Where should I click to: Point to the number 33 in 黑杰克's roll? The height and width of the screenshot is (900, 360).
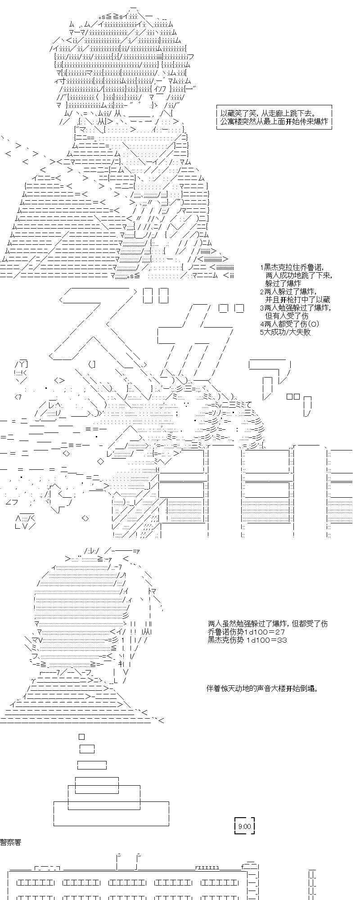[282, 640]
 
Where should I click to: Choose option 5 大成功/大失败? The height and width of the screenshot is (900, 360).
[285, 332]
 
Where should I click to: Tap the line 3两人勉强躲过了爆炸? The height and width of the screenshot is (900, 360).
[295, 308]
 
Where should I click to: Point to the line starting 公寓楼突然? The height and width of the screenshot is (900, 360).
[274, 122]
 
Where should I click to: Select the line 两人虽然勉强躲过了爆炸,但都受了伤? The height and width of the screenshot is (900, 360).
[268, 624]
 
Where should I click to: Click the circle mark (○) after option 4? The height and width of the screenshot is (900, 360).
[315, 324]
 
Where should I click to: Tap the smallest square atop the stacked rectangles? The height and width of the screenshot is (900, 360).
[81, 737]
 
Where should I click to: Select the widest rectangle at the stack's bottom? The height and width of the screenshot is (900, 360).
[111, 813]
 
